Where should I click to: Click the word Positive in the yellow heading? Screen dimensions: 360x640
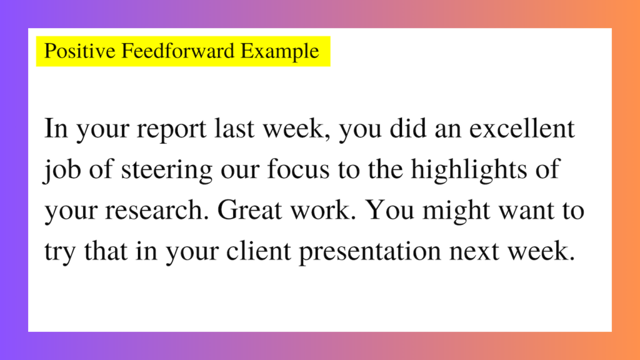pos(71,51)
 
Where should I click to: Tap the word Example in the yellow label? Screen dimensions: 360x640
pos(280,51)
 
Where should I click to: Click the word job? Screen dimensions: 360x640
pos(58,171)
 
